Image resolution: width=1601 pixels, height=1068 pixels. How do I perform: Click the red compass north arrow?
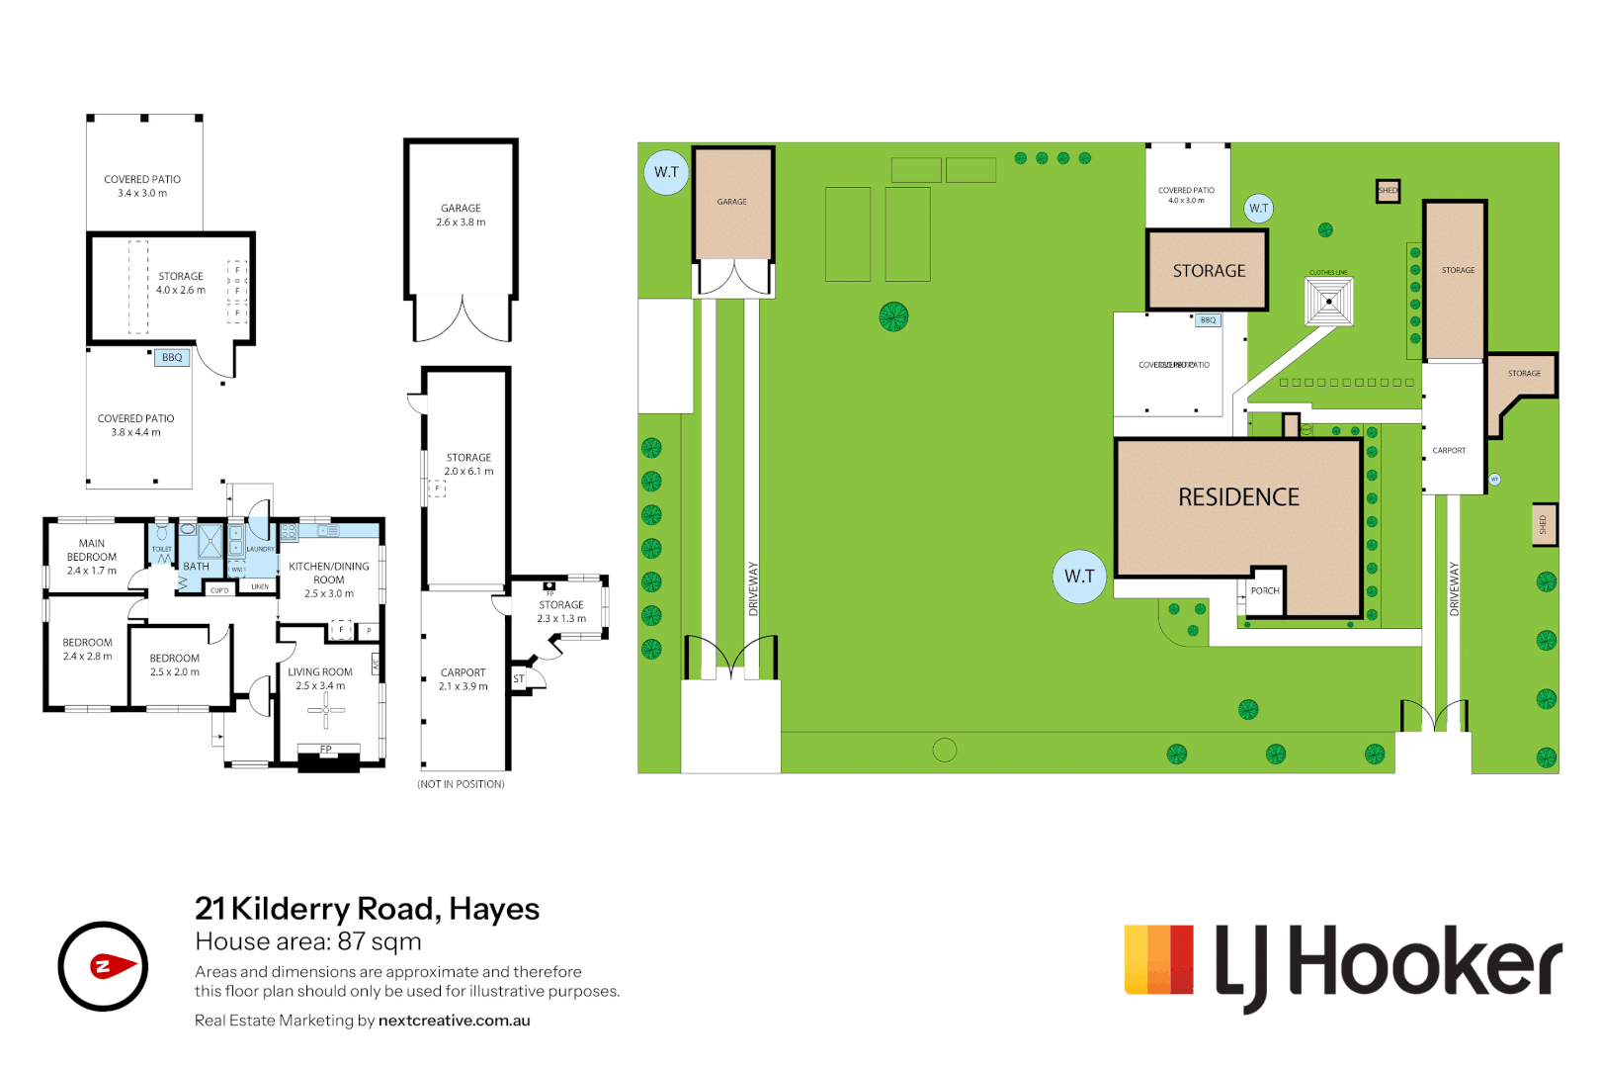click(112, 966)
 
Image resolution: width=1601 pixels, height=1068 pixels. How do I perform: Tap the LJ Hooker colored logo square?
click(1158, 959)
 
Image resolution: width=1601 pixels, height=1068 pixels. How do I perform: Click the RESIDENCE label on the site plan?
click(1238, 497)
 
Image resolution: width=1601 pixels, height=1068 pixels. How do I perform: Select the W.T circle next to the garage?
click(666, 172)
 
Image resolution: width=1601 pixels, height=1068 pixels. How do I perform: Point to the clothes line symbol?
click(1328, 301)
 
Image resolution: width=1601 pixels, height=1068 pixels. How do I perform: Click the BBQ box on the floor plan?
click(172, 358)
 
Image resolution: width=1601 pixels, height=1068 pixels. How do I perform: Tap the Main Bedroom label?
click(92, 557)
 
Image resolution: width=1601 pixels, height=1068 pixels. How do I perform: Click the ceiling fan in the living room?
click(326, 709)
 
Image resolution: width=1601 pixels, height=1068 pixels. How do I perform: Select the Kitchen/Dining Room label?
click(328, 579)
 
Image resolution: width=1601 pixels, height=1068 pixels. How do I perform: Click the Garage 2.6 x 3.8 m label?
click(461, 216)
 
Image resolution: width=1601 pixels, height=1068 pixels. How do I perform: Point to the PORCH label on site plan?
click(1265, 591)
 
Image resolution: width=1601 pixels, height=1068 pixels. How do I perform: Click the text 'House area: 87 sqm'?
click(308, 941)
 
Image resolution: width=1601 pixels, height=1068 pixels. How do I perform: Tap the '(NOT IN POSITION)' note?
click(461, 784)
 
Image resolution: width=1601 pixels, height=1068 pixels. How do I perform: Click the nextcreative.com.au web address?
click(454, 1021)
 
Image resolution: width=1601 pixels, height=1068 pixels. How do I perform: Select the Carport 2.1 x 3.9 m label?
click(463, 679)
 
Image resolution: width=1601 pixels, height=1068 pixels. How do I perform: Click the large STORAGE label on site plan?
click(1209, 271)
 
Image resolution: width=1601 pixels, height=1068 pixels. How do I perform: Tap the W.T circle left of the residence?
click(1079, 577)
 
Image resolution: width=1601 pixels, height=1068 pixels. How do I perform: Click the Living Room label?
click(320, 678)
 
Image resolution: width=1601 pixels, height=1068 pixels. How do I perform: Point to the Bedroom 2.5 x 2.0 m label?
click(175, 665)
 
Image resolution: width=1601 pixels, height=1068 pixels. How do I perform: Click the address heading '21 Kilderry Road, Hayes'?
click(367, 908)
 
